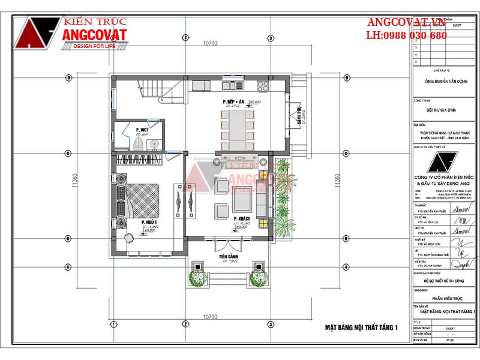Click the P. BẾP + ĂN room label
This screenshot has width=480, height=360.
(x=233, y=103)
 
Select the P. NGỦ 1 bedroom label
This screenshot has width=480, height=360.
(x=149, y=223)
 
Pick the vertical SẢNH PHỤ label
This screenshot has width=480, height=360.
(x=297, y=114)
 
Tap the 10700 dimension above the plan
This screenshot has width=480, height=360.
(x=209, y=43)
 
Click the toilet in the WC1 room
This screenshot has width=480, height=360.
(x=138, y=145)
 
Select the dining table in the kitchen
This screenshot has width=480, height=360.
(x=238, y=128)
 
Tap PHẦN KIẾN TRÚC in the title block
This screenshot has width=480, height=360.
(x=442, y=296)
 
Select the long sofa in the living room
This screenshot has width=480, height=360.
(x=262, y=198)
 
